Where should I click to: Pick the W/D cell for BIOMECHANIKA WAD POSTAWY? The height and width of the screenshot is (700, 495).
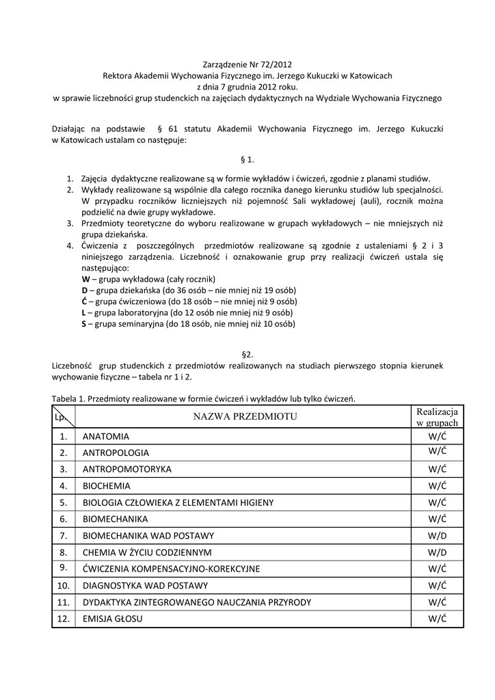438,535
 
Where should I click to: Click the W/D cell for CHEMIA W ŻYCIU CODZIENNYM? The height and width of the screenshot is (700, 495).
438,552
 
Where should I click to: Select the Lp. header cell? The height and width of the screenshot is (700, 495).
64,417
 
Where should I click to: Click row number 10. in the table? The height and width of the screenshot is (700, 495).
64,585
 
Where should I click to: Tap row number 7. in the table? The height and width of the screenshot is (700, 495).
64,535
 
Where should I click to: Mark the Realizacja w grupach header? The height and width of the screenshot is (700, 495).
438,417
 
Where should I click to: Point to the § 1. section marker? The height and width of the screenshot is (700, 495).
247,159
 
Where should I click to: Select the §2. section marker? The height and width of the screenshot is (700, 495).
247,354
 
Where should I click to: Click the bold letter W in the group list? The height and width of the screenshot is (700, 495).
85,279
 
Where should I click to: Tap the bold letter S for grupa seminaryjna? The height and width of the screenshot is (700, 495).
83,323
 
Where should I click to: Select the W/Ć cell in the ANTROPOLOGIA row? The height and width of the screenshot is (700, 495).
438,453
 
